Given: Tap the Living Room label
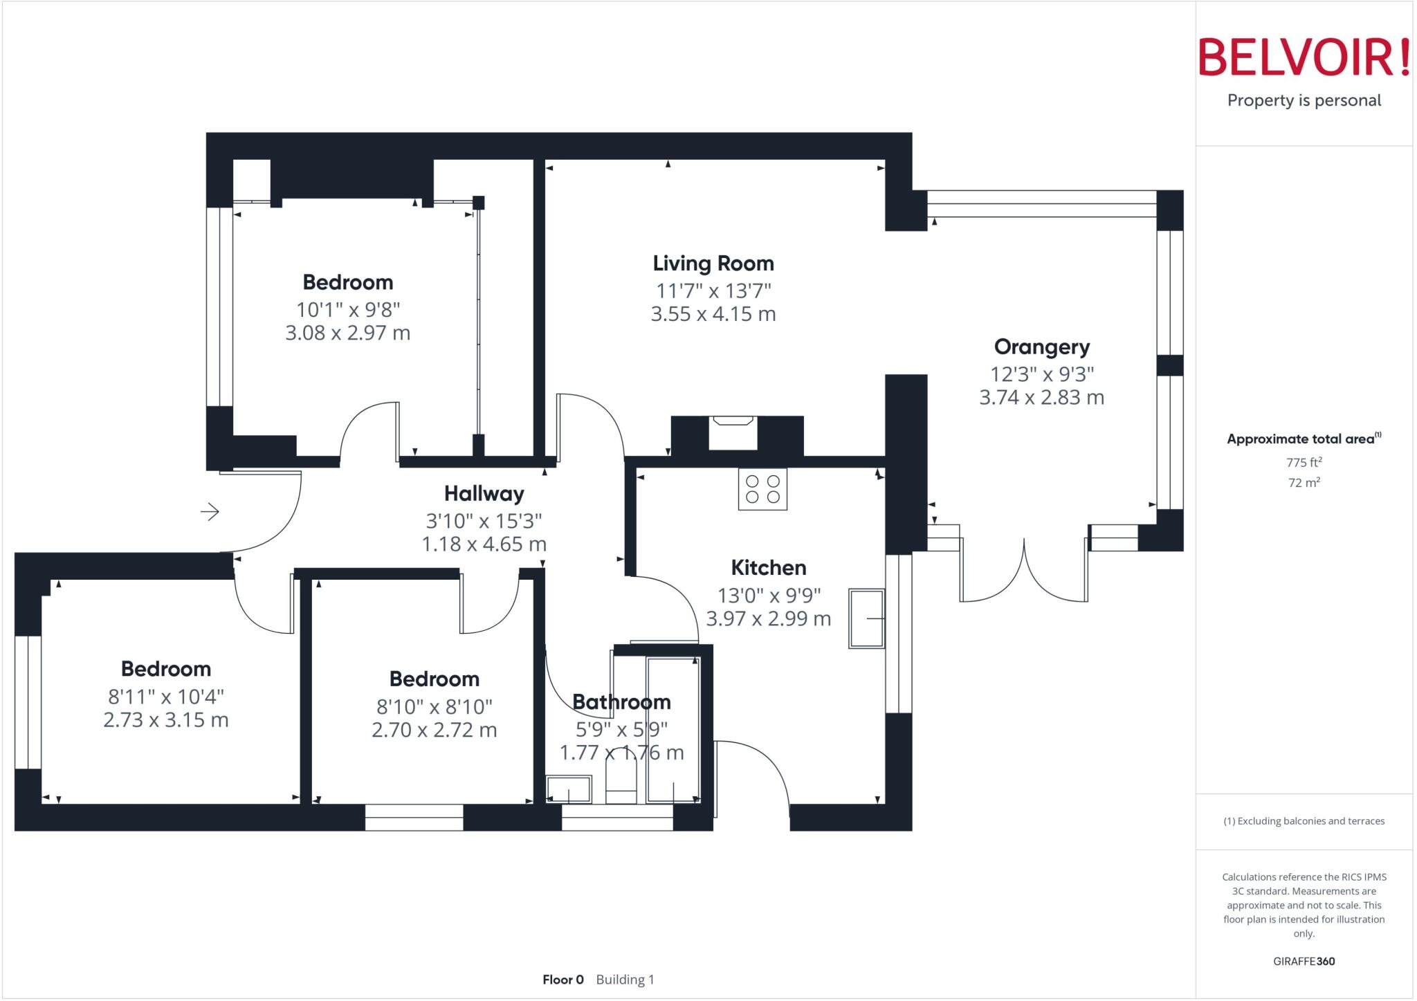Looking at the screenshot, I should pyautogui.click(x=713, y=264).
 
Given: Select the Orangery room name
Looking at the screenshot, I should pyautogui.click(x=1041, y=347).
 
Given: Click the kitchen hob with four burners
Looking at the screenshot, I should pyautogui.click(x=762, y=489).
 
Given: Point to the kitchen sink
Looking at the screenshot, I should pyautogui.click(x=866, y=618).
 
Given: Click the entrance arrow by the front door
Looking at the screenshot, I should pyautogui.click(x=210, y=512).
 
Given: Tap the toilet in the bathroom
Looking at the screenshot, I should pyautogui.click(x=621, y=782).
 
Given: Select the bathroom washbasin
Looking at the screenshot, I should pyautogui.click(x=569, y=789).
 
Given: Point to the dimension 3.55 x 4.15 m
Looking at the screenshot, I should pyautogui.click(x=713, y=314).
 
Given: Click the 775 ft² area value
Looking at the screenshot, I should pyautogui.click(x=1304, y=462).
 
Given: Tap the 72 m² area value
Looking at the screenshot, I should pyautogui.click(x=1304, y=482).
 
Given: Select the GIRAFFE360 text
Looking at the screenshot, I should pyautogui.click(x=1304, y=961).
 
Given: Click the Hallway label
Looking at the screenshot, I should pyautogui.click(x=484, y=494).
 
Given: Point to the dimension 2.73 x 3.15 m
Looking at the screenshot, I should pyautogui.click(x=166, y=720).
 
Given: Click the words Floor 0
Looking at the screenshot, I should pyautogui.click(x=563, y=980).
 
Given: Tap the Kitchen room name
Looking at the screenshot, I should pyautogui.click(x=769, y=568).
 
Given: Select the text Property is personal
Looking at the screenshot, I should pyautogui.click(x=1304, y=100).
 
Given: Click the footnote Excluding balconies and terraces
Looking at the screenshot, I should pyautogui.click(x=1304, y=821).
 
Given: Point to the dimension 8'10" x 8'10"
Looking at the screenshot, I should pyautogui.click(x=435, y=707).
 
